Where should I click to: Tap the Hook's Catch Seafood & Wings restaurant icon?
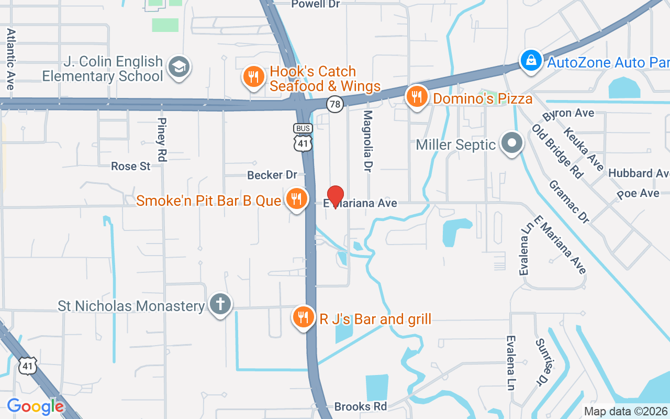pos(253,77)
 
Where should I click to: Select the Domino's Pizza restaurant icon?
pos(417,97)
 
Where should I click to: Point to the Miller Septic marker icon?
pos(512,143)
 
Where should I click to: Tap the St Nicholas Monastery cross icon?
pos(220,304)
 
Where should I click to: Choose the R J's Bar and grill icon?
pos(303,317)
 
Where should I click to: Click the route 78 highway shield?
pos(335,105)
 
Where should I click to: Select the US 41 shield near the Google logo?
pos(28,365)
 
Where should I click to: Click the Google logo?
pos(35,406)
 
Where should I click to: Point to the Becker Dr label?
pos(272,175)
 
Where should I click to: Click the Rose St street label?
pos(131,167)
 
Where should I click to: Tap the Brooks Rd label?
pos(360,407)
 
